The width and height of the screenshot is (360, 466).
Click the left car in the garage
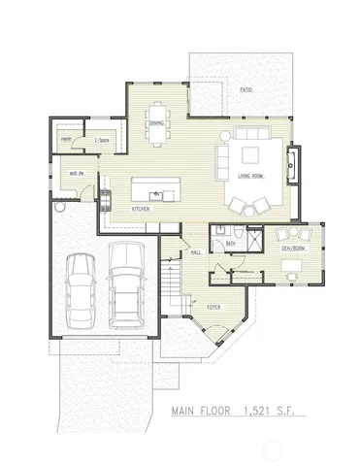click(80, 293)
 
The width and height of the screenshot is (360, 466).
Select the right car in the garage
click(125, 282)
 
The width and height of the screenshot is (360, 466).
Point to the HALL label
click(195, 252)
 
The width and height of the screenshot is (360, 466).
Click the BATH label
click(231, 243)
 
